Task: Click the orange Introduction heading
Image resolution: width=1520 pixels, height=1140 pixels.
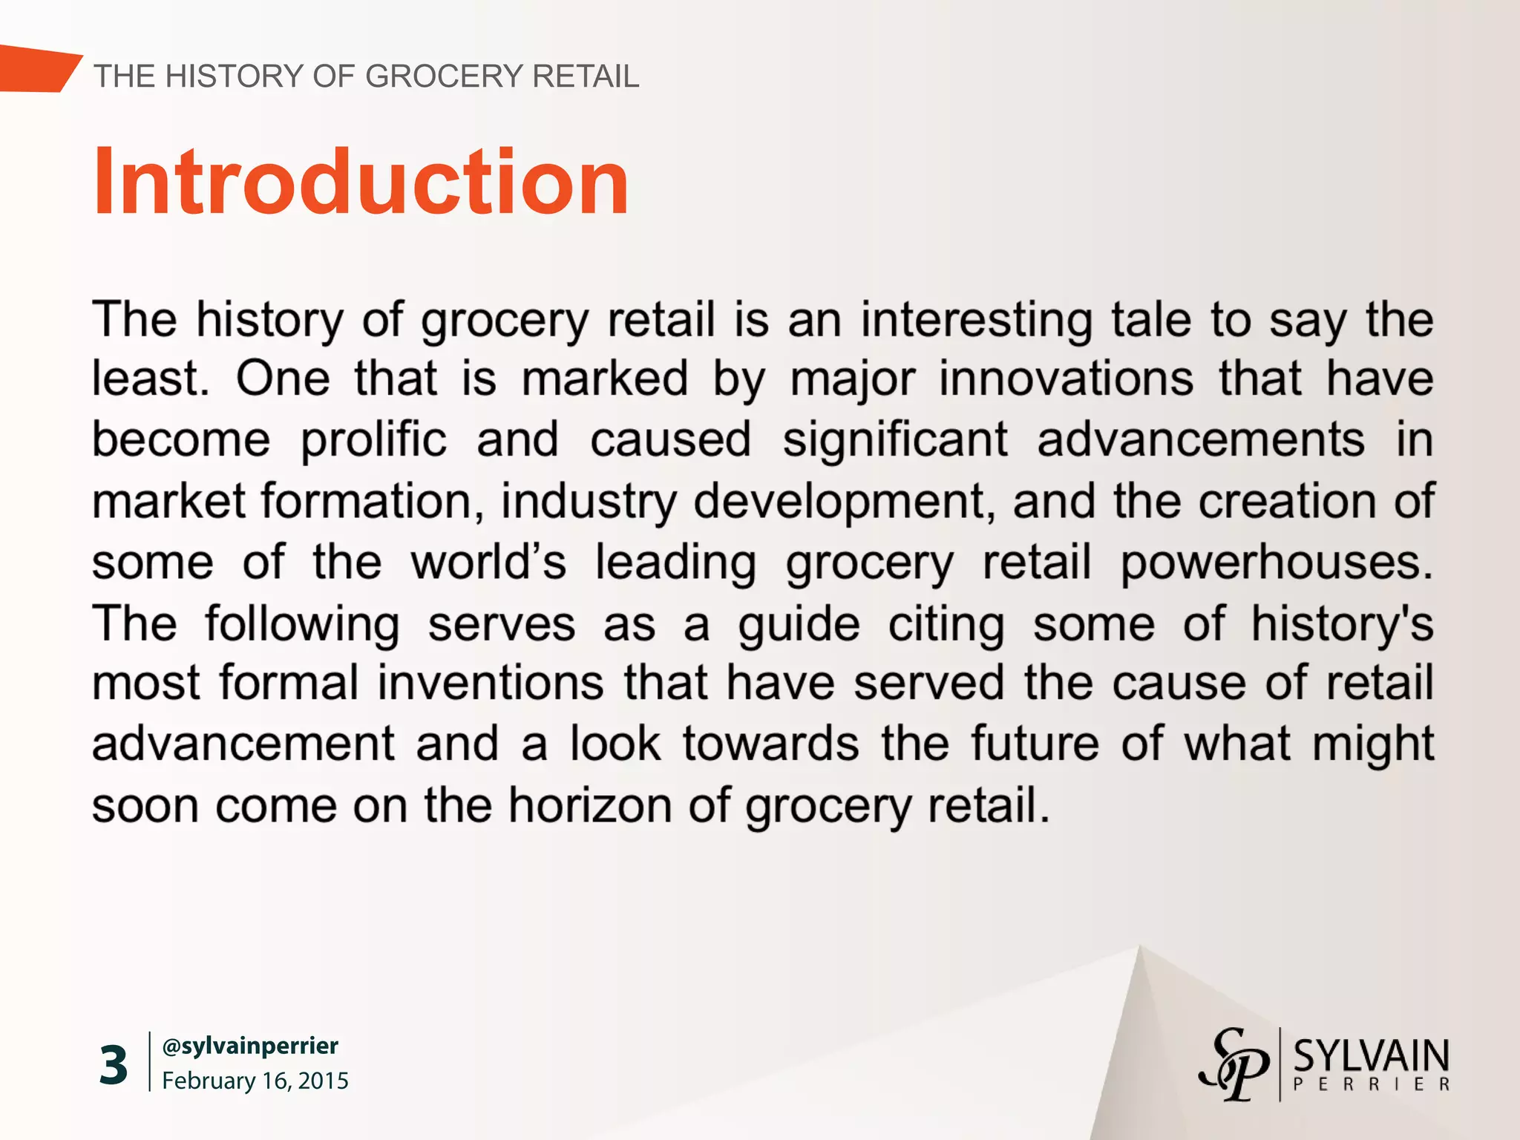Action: (x=361, y=183)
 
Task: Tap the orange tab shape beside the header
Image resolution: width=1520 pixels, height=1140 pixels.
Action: (x=37, y=69)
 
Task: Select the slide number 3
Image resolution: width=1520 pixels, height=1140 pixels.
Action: (x=114, y=1065)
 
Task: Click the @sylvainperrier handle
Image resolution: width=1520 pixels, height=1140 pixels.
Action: (x=250, y=1046)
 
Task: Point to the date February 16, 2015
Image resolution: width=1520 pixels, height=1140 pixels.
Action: (x=255, y=1081)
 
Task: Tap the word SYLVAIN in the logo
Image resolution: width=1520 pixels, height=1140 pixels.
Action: (x=1371, y=1055)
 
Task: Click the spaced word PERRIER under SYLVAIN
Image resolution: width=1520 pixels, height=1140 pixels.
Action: (x=1371, y=1084)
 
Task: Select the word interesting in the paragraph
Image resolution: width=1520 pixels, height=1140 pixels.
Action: (x=976, y=320)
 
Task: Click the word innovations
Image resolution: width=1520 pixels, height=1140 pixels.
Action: (x=1067, y=379)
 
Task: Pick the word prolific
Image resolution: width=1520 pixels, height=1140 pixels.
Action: (x=373, y=440)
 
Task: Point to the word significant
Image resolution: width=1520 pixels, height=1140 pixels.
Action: (x=895, y=440)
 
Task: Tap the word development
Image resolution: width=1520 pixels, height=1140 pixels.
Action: (x=844, y=502)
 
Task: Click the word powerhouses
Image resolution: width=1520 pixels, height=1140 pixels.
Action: (x=1277, y=563)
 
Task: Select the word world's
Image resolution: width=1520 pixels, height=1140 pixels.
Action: (x=488, y=563)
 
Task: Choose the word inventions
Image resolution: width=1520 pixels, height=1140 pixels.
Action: (x=491, y=684)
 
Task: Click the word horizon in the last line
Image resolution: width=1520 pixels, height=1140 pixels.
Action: (x=589, y=805)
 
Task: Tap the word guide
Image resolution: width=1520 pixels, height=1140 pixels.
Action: (x=799, y=623)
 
